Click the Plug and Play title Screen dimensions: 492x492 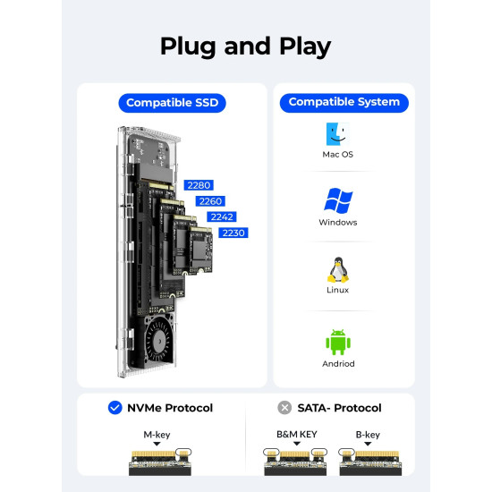(245, 46)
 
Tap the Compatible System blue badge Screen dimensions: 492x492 (344, 102)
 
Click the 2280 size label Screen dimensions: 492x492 (198, 185)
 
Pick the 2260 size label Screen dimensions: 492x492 (210, 201)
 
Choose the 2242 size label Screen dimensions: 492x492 (221, 216)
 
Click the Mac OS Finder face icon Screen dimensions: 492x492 (338, 134)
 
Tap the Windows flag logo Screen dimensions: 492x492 (338, 201)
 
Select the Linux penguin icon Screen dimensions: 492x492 (338, 269)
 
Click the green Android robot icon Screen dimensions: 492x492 (338, 342)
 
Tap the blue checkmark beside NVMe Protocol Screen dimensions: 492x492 (115, 408)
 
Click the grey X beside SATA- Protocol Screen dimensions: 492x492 (284, 408)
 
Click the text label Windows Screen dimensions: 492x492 (338, 223)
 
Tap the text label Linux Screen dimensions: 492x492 (338, 290)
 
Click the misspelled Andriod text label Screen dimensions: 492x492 (338, 364)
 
